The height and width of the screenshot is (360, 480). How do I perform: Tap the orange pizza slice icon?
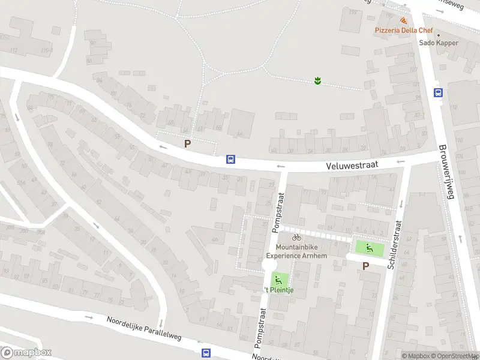(x=403, y=20)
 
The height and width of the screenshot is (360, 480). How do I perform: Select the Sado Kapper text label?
(x=439, y=43)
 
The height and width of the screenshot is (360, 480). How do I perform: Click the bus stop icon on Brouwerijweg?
(x=439, y=92)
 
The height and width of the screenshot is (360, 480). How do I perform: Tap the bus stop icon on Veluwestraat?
(x=230, y=160)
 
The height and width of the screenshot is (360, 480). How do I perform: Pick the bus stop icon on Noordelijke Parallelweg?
(x=206, y=353)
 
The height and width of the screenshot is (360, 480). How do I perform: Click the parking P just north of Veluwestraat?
(x=188, y=144)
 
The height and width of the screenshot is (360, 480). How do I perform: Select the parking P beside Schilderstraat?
(x=365, y=266)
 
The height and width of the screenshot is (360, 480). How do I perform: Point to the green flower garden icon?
(x=317, y=80)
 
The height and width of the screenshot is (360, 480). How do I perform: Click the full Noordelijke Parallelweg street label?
(x=143, y=329)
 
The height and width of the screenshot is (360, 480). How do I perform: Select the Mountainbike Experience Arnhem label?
(x=297, y=251)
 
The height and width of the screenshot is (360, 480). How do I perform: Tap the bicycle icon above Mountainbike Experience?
(x=296, y=238)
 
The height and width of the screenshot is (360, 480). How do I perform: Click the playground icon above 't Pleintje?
(x=277, y=279)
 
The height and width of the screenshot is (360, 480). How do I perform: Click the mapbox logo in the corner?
(x=26, y=353)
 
